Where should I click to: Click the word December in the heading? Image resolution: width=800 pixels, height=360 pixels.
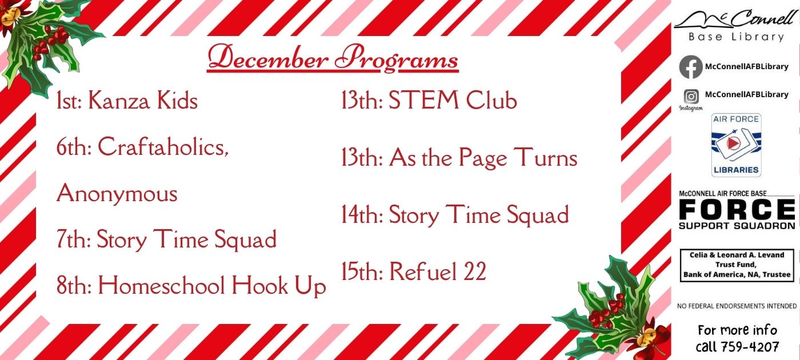[x=268, y=58]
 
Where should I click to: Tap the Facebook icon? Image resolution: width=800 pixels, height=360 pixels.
[x=691, y=67]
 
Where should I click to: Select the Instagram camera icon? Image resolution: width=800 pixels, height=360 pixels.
[x=691, y=97]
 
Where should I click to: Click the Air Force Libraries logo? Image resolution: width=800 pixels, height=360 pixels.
[x=736, y=145]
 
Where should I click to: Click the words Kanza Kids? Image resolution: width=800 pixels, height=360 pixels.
[x=143, y=100]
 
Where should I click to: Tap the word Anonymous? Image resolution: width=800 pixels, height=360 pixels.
[x=117, y=193]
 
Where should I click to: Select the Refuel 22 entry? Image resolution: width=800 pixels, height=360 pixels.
[x=414, y=271]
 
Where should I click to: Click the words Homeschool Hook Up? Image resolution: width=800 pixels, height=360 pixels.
[x=212, y=286]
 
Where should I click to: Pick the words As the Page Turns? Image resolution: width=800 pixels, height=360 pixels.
[x=483, y=158]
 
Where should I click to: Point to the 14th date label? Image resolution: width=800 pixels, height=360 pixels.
[x=362, y=215]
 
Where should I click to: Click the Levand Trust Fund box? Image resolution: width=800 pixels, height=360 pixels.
[x=737, y=265]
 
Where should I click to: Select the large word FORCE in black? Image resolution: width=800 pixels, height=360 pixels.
[x=737, y=209]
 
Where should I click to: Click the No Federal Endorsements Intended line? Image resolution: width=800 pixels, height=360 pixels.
[x=737, y=306]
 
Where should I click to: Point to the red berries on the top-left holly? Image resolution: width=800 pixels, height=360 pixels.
[x=52, y=42]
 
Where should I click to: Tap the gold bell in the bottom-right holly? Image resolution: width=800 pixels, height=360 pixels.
[x=646, y=336]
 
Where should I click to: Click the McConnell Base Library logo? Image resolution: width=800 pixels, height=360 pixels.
[x=736, y=25]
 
